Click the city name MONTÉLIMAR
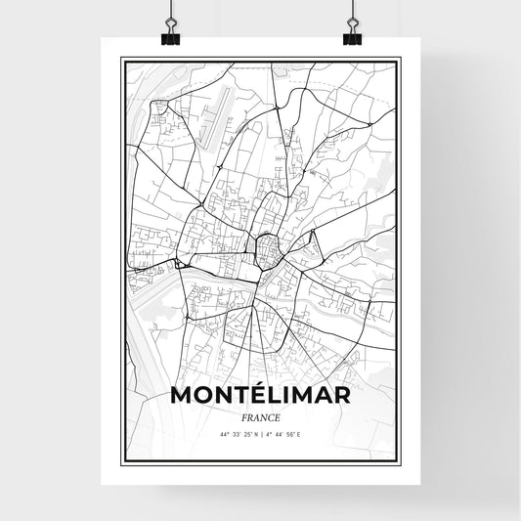[x=260, y=395]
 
